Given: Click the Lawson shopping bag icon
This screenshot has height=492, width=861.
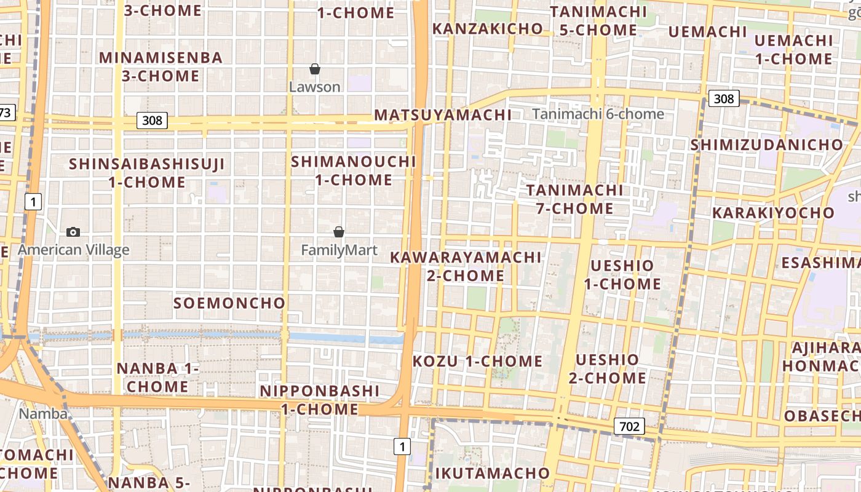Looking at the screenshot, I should tap(314, 69).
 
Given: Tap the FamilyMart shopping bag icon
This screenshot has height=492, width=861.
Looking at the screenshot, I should tap(338, 232).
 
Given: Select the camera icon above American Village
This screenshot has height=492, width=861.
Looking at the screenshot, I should tap(73, 232).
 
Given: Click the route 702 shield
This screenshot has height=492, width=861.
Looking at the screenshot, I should tap(629, 426).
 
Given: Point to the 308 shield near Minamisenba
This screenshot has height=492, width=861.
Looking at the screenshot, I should tap(152, 120).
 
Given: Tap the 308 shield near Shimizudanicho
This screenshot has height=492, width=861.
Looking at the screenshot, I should tap(724, 98).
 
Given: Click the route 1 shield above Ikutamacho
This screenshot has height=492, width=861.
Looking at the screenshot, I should tap(402, 446).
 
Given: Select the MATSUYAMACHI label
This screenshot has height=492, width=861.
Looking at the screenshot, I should tap(443, 115).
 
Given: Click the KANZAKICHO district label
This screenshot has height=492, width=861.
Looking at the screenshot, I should tap(487, 28).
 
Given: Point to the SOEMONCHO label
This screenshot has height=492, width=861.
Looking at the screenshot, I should tap(229, 303).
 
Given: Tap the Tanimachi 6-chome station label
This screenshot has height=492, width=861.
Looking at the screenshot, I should tap(598, 114).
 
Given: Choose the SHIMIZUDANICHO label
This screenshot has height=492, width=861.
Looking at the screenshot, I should tap(766, 145).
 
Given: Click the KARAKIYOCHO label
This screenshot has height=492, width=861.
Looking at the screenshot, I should tap(774, 213).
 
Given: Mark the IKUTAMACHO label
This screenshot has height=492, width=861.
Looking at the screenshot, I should tap(492, 473).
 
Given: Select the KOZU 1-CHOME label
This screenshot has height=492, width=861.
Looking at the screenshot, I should tap(477, 361).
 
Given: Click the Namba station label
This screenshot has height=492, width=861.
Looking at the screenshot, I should tap(43, 413).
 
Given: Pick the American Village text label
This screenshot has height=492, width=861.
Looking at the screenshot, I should tap(73, 250).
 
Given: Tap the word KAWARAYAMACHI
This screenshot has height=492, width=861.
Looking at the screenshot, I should tap(466, 257).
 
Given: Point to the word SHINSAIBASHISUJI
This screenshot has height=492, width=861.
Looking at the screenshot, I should tap(147, 164).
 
